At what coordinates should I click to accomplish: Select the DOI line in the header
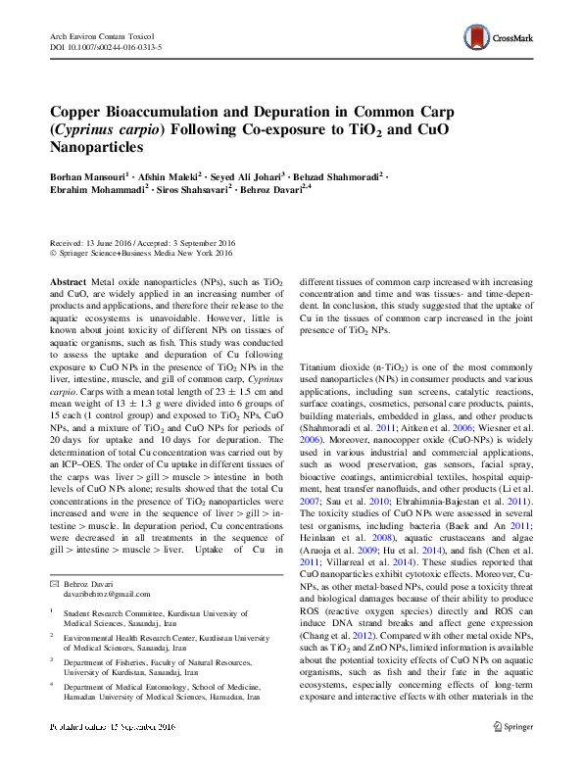(105, 46)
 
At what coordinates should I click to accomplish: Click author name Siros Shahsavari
(192, 192)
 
